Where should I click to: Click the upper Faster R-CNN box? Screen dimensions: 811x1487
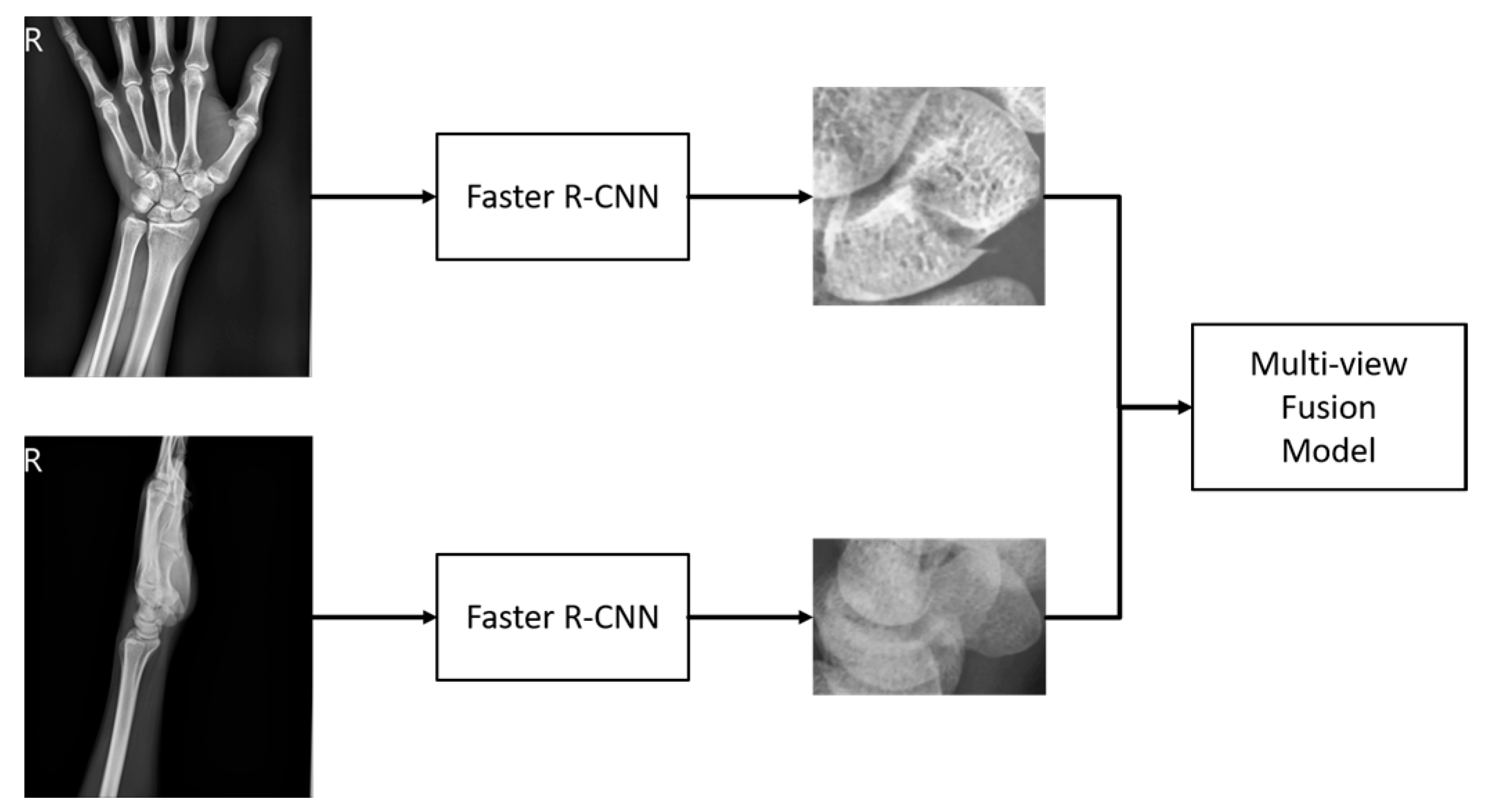(562, 196)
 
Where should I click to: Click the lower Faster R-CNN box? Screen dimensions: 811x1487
(562, 617)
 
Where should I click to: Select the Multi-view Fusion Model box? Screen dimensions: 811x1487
(1328, 407)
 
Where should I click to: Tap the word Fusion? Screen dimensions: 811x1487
(1328, 407)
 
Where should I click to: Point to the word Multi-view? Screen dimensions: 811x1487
(1328, 364)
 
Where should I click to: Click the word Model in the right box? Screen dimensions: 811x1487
(1328, 451)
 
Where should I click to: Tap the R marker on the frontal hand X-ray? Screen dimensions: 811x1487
(33, 41)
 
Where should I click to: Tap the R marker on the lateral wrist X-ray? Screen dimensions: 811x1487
(33, 461)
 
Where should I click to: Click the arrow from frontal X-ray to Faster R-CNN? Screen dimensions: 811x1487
(373, 197)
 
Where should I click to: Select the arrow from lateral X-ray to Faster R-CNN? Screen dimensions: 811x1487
(373, 617)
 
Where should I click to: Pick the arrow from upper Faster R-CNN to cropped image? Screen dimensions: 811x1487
(750, 197)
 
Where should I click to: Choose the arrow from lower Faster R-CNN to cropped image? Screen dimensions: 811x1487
(750, 617)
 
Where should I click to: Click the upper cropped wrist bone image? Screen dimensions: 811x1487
(928, 196)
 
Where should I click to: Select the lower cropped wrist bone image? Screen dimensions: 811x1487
(928, 616)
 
